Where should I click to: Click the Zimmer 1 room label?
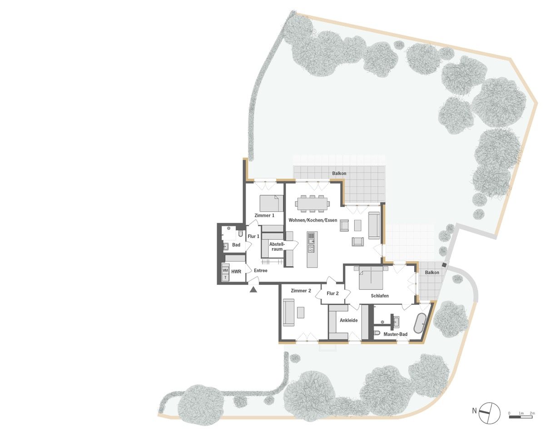point(264,215)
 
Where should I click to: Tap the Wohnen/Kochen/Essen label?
point(312,220)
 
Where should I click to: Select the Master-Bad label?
point(396,334)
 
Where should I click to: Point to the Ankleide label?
point(349,320)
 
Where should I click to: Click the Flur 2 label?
point(332,293)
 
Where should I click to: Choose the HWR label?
point(236,272)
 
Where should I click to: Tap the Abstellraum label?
point(277,247)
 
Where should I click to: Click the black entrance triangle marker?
point(253,289)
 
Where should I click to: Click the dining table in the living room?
point(312,204)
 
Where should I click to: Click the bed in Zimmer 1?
point(271,203)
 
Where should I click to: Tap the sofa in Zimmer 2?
point(289,313)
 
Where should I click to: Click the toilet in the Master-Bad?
point(377,333)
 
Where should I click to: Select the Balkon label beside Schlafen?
point(432,272)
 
